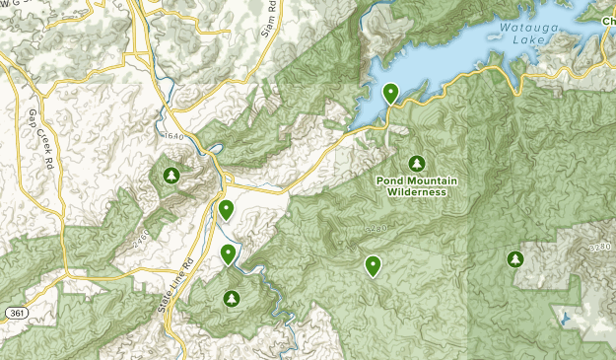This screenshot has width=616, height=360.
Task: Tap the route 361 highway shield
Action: (x=15, y=312)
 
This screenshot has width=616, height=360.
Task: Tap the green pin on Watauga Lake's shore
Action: (x=391, y=93)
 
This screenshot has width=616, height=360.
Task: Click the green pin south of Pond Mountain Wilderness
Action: (x=373, y=264)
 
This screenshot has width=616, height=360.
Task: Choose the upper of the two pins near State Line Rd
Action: (x=226, y=208)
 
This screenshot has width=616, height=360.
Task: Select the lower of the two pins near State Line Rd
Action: (x=229, y=253)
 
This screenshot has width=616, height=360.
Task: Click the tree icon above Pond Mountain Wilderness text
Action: (x=416, y=163)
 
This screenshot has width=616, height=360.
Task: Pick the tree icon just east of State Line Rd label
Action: (x=232, y=298)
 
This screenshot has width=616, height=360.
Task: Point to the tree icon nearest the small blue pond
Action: (x=514, y=259)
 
